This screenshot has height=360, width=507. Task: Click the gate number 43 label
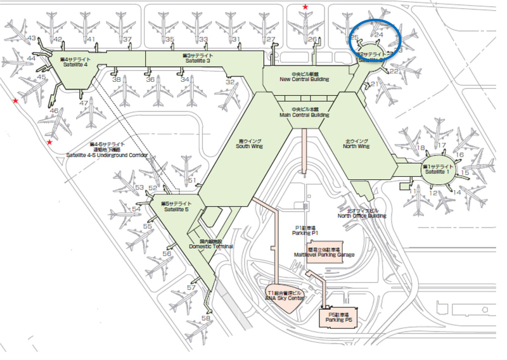point(30,39)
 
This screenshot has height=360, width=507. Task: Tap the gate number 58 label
point(206,318)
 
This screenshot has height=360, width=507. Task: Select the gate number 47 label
point(84,102)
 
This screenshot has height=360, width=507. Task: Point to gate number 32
point(230,82)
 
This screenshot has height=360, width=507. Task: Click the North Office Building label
point(361,212)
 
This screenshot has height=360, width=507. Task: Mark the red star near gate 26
point(306,8)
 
